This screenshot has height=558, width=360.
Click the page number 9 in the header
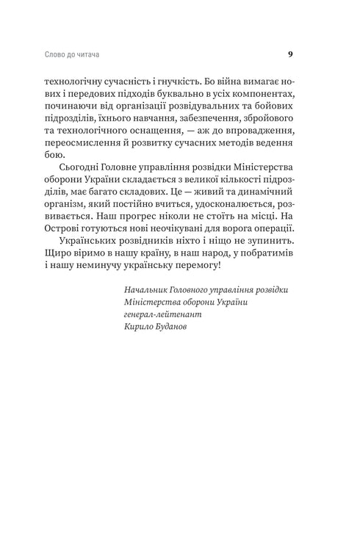[x=290, y=54]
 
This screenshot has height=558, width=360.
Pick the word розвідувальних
[x=208, y=111]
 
